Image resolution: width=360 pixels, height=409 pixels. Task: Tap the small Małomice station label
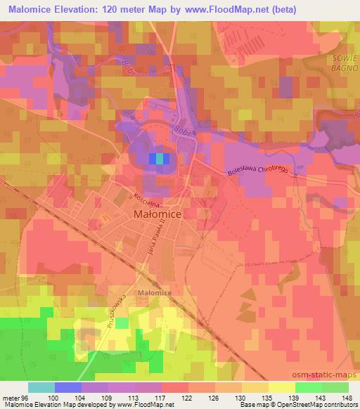click(x=155, y=291)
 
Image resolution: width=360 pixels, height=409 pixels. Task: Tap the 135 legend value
click(x=267, y=397)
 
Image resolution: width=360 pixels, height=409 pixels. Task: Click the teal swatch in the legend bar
click(x=41, y=387)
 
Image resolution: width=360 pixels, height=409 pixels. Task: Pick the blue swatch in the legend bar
click(x=67, y=387)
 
